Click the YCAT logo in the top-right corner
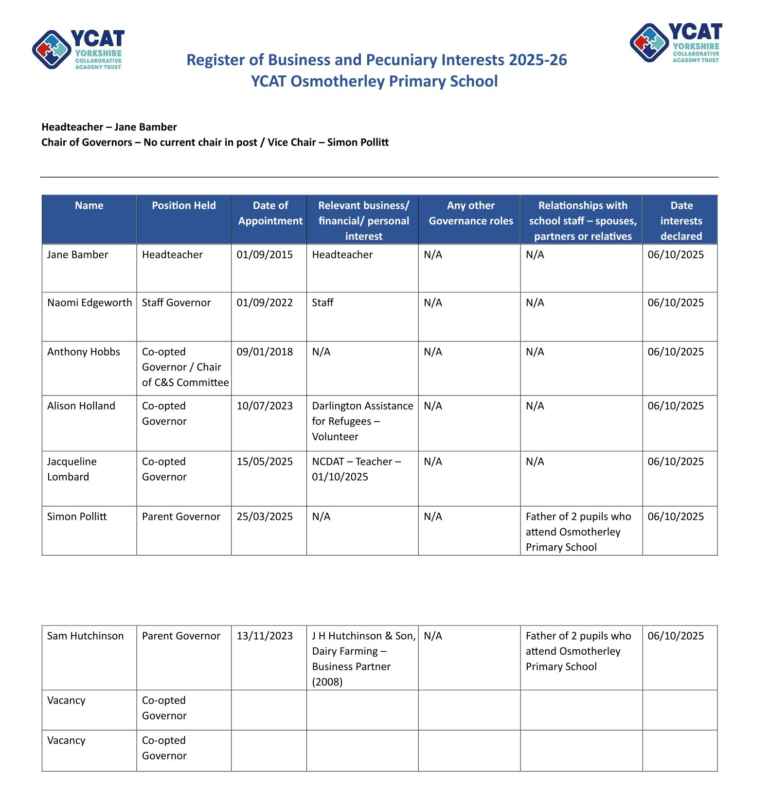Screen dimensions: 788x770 tap(676, 43)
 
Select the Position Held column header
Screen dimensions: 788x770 tap(183, 206)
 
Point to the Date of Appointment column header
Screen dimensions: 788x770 tap(270, 213)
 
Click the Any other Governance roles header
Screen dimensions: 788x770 tap(470, 213)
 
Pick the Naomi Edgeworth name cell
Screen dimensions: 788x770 tap(90, 303)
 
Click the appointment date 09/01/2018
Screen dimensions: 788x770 tap(265, 352)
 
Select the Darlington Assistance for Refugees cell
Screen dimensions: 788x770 tap(362, 421)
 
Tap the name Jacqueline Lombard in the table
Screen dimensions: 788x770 tap(72, 469)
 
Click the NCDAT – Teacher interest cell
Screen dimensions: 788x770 tap(356, 469)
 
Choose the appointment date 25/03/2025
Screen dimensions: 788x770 tap(265, 517)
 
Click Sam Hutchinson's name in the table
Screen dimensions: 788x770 tap(85, 636)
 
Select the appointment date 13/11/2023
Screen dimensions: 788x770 tap(265, 636)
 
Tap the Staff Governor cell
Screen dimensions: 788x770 tap(176, 303)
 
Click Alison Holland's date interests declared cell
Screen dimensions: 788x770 tap(675, 406)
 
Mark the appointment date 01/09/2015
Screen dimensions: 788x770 tap(265, 254)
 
